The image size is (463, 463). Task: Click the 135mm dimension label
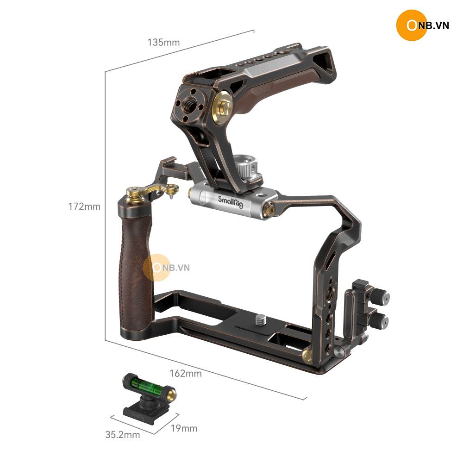click(163, 43)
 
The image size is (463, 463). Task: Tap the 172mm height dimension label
click(84, 206)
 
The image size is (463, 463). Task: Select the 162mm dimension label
click(186, 374)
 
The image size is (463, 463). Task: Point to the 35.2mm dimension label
click(123, 435)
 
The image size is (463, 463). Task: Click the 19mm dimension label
click(184, 428)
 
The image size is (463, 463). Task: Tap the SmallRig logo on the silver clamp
click(231, 202)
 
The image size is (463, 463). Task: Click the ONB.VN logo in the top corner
click(423, 25)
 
